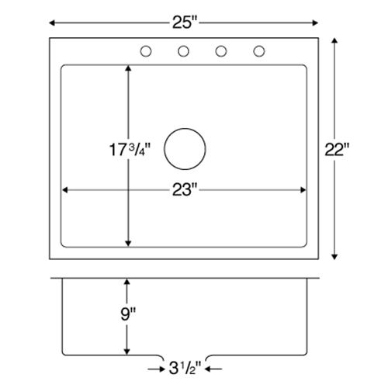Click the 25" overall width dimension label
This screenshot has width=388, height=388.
click(x=185, y=23)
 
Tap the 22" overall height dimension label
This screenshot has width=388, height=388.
click(x=337, y=149)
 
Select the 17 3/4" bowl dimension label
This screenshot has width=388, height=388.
click(x=130, y=150)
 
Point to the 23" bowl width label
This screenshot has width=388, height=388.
click(x=185, y=189)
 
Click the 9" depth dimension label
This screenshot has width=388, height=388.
click(x=128, y=314)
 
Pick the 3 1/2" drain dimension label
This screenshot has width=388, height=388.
click(x=185, y=368)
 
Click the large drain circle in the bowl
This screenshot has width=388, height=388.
click(x=185, y=128)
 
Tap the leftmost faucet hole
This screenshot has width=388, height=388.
click(x=146, y=51)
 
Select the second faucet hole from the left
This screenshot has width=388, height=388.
click(x=183, y=51)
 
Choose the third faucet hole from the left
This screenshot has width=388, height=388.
click(x=221, y=51)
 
